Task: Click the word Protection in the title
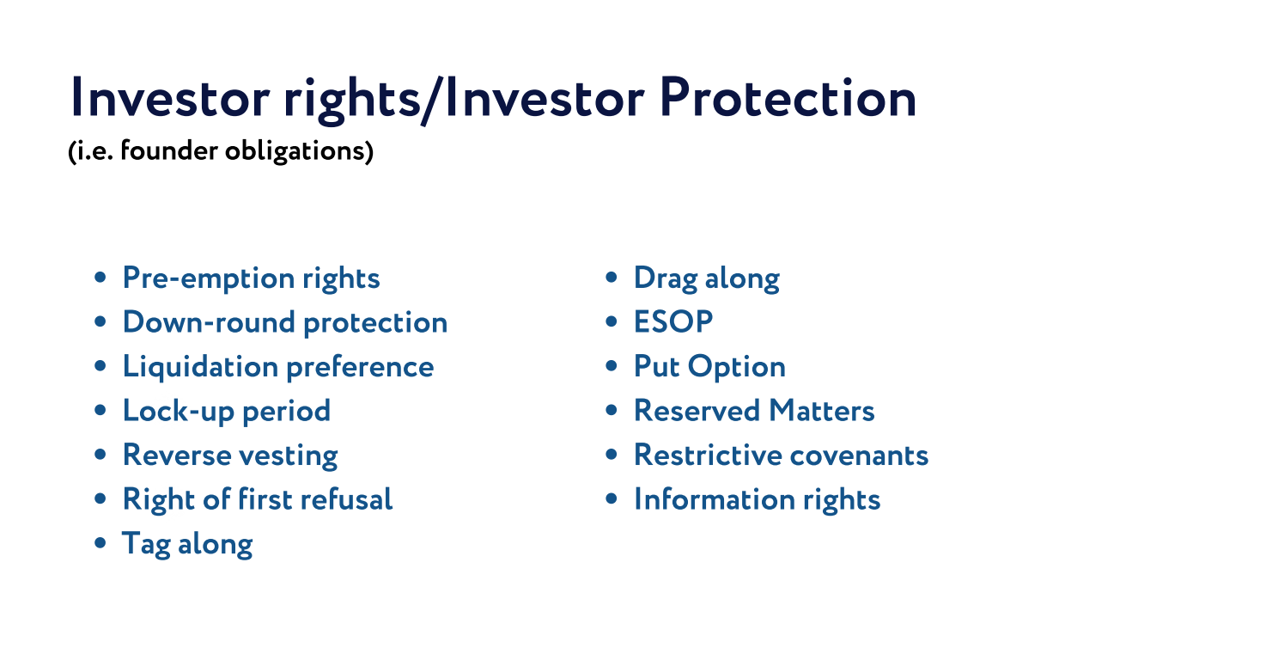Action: [788, 98]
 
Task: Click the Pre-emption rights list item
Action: [251, 278]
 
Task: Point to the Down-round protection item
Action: [285, 322]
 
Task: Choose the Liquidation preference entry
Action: [278, 367]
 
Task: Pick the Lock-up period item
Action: [227, 411]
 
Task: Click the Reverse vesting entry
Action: [230, 455]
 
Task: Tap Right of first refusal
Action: [258, 499]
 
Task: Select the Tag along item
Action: [187, 544]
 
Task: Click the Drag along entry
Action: [707, 278]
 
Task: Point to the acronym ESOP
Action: [673, 321]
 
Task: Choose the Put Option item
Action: [709, 366]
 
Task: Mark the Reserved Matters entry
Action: [754, 411]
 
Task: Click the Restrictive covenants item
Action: [781, 455]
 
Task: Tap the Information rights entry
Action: [758, 500]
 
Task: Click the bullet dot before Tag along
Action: [100, 543]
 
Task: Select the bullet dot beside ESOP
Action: [612, 321]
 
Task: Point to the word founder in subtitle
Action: [169, 150]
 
